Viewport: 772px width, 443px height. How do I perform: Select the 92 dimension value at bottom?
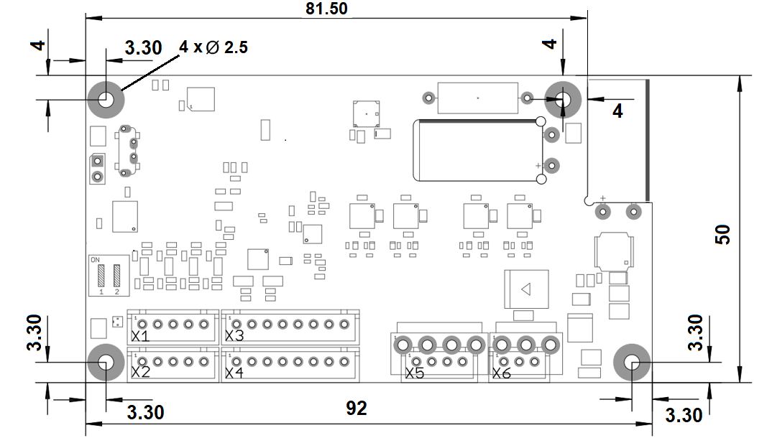coord(357,409)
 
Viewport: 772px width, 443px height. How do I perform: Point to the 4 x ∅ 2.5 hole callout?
coord(213,47)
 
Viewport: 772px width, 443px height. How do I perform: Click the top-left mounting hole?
coord(106,99)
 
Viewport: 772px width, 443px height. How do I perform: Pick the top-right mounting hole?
coord(563,99)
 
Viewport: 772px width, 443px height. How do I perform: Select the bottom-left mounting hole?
coord(105,363)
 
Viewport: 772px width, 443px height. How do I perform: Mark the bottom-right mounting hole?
coord(632,363)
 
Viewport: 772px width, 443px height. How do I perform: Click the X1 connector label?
coord(140,335)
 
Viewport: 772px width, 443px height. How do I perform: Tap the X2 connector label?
coord(140,373)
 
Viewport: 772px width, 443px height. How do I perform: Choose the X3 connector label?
coord(234,335)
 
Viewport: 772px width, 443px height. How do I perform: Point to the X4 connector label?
coord(234,373)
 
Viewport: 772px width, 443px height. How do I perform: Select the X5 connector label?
coord(415,373)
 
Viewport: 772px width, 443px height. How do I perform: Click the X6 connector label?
coord(502,373)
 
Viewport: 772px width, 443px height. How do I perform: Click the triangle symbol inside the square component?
coord(525,289)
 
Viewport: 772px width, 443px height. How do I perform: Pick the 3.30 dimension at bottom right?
coord(684,415)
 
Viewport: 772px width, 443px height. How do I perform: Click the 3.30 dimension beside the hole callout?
coord(143,48)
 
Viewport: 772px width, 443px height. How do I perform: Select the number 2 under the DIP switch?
coord(116,292)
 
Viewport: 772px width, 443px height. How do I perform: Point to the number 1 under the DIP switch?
coord(101,292)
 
